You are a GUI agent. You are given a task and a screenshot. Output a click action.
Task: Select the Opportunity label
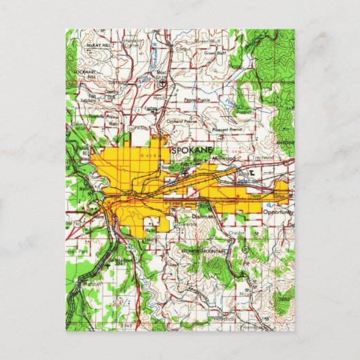pos(278,212)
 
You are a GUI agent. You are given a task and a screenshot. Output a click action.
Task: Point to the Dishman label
pos(203,215)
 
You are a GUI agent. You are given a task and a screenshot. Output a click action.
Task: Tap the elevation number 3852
pos(283,298)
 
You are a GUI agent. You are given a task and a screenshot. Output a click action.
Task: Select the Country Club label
pos(112,94)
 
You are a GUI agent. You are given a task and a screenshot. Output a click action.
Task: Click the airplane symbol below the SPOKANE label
pos(185,174)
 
